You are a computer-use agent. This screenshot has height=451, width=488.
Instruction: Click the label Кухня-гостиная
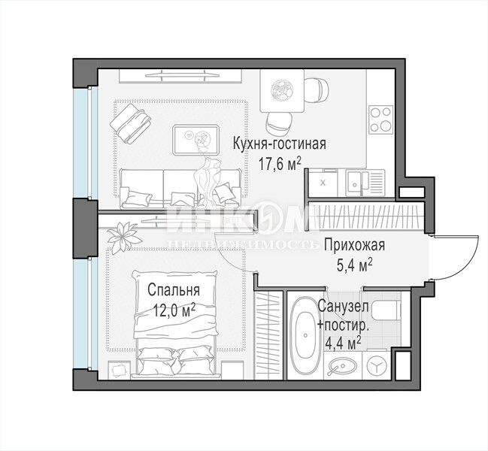click(x=280, y=144)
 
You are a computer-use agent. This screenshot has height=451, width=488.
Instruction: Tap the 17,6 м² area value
click(x=280, y=164)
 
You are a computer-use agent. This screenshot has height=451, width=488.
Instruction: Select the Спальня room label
click(x=174, y=290)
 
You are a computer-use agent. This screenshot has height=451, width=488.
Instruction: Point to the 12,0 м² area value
click(x=174, y=310)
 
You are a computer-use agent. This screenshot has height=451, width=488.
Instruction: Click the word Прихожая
click(x=354, y=245)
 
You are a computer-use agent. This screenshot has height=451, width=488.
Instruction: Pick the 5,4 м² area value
click(x=355, y=265)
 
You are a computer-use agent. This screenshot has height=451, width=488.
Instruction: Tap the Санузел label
click(x=344, y=307)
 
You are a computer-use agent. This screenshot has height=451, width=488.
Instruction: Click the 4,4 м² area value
click(x=343, y=344)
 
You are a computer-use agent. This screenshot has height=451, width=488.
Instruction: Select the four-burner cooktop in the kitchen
click(x=380, y=119)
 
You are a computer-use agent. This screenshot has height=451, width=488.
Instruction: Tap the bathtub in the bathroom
click(x=305, y=336)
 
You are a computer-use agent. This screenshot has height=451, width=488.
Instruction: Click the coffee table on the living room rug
click(x=196, y=140)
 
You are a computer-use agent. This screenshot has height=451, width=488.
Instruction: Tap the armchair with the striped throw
click(x=130, y=123)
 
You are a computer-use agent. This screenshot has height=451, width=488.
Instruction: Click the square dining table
click(x=282, y=90)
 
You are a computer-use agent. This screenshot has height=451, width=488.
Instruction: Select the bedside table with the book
click(x=119, y=370)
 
